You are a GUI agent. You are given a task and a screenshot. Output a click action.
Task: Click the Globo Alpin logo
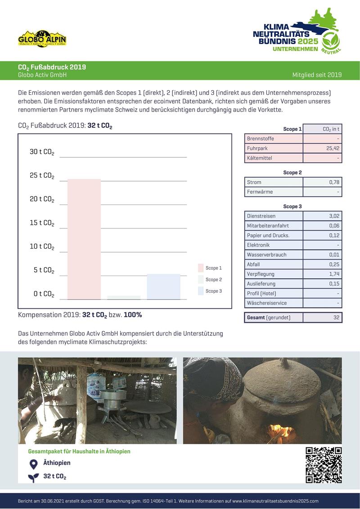(x=42, y=39)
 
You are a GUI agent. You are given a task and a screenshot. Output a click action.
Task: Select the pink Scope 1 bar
(x=84, y=239)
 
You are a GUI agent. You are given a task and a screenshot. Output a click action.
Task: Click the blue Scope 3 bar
(x=163, y=286)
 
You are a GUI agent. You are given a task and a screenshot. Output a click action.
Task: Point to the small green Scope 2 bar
(x=124, y=297)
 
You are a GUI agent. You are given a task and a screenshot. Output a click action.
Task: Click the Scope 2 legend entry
(x=210, y=280)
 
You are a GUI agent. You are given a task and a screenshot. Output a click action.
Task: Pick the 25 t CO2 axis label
(x=42, y=175)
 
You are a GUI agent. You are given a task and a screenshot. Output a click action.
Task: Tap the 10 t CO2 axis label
(x=42, y=246)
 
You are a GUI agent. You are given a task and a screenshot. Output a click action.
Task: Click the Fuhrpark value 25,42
(x=333, y=148)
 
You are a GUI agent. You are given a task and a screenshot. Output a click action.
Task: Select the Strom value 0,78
(x=334, y=182)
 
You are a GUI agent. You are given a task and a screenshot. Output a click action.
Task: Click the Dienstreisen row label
(x=261, y=216)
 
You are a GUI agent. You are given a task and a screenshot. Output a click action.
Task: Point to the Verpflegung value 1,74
(x=334, y=274)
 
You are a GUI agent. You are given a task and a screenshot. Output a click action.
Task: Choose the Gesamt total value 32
(x=336, y=317)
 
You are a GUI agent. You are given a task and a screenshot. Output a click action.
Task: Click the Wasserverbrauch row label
(x=267, y=254)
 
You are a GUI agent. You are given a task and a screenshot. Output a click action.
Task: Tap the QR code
(x=323, y=465)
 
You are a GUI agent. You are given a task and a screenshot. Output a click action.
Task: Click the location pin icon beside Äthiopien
(x=33, y=464)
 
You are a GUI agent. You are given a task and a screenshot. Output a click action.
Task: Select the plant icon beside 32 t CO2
(x=33, y=477)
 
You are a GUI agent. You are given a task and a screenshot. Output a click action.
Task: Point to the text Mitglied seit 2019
(x=317, y=75)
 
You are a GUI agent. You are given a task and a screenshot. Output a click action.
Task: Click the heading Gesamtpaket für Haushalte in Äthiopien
(x=79, y=451)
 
